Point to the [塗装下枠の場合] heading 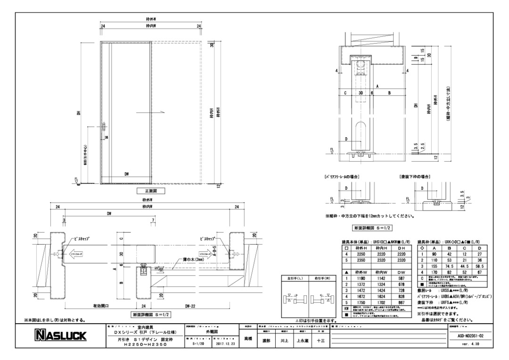click(x=413, y=176)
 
